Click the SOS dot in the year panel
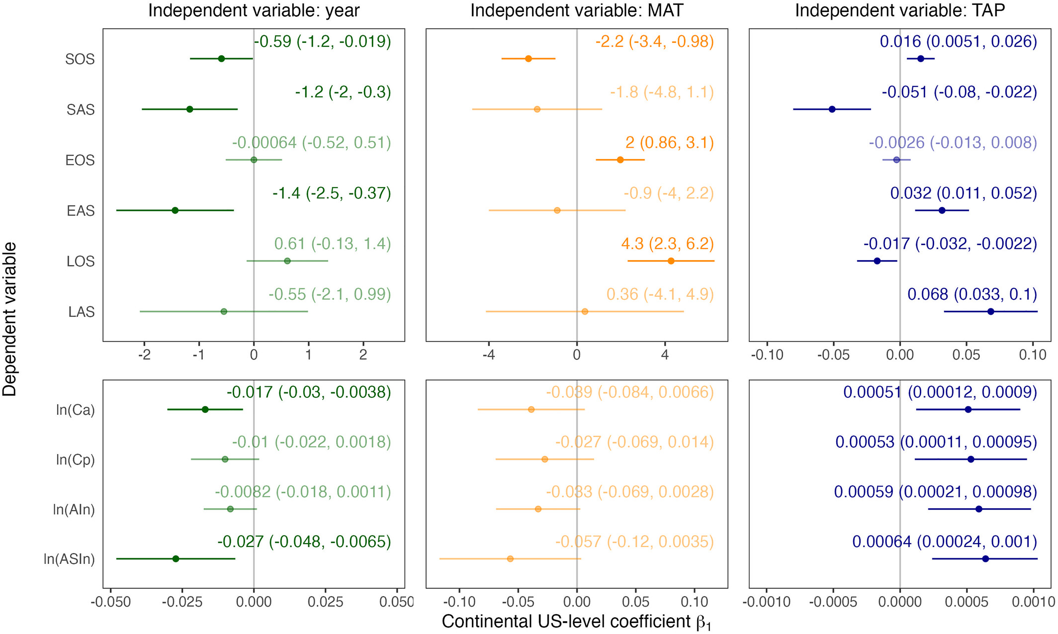pos(221,59)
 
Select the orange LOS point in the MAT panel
pos(671,261)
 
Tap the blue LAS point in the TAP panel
pos(990,312)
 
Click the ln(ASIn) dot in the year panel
pos(176,559)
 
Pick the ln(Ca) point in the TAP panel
pos(968,410)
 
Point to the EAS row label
pos(81,211)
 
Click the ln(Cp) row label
pos(75,460)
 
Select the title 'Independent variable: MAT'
pos(577,11)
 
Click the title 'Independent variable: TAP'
pos(900,11)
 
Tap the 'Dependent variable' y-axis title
pos(10,319)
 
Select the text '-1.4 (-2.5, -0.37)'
pos(332,193)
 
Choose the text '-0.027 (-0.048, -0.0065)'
pos(304,542)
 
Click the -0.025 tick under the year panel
pos(182,603)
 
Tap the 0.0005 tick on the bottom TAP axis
pos(967,603)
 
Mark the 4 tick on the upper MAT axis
pos(665,355)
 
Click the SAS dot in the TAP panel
pos(832,109)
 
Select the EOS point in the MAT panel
pos(620,160)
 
